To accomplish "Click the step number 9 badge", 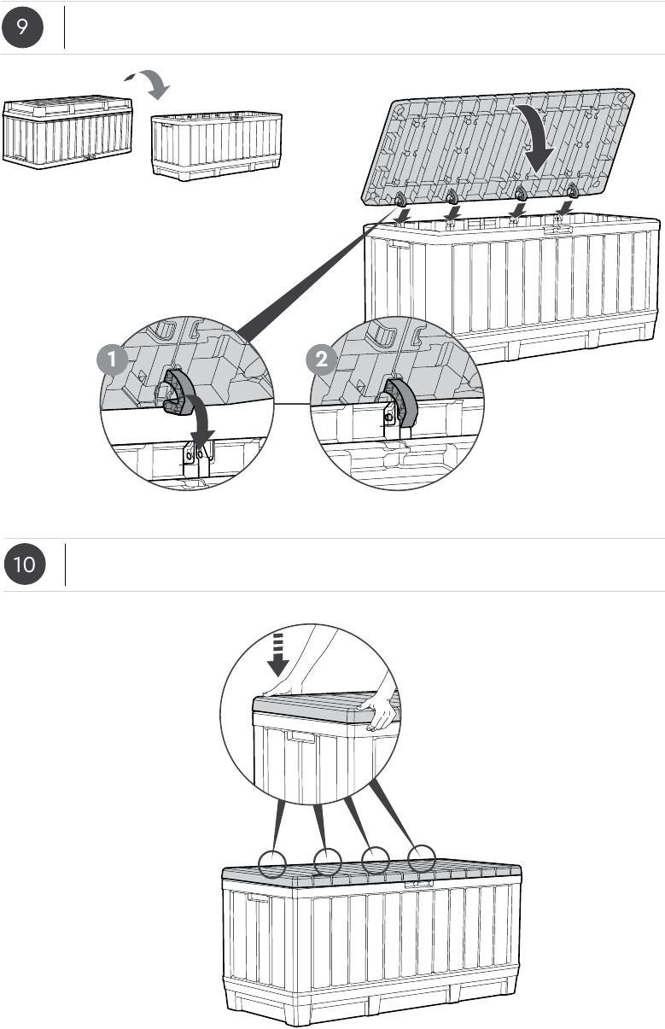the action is [x=22, y=27].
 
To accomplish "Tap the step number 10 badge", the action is [x=25, y=564].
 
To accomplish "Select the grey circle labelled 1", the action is [x=112, y=360].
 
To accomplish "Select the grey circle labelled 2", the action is [x=322, y=360].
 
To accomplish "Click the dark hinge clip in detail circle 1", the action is [x=177, y=394].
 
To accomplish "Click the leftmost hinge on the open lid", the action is [x=400, y=199].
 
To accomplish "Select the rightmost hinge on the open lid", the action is [x=572, y=190].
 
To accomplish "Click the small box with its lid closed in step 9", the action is [x=67, y=132].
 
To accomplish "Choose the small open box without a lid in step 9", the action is [x=217, y=145].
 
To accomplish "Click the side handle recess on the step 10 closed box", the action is [x=258, y=897].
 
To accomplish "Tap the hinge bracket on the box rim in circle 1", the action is [x=198, y=459].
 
